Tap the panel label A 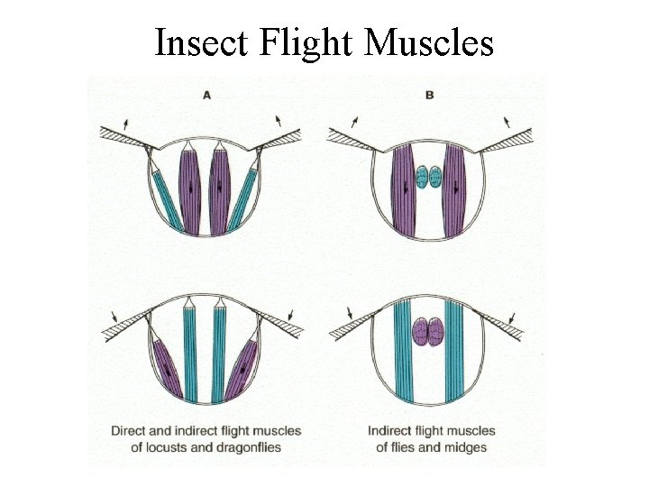point(206,95)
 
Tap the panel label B point(429,94)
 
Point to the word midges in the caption point(466,447)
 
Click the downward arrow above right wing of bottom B point(511,318)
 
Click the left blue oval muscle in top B point(422,175)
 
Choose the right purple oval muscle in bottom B point(436,332)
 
